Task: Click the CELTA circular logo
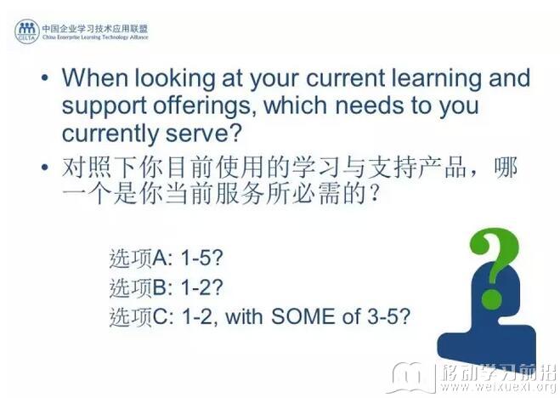(27, 31)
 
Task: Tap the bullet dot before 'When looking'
(45, 77)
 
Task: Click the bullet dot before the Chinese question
(45, 167)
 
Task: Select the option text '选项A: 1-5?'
(166, 257)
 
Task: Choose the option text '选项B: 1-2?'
(166, 287)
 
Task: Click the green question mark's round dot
(492, 299)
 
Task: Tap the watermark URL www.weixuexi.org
(498, 387)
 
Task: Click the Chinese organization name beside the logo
(94, 29)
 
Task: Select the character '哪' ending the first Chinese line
(506, 167)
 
